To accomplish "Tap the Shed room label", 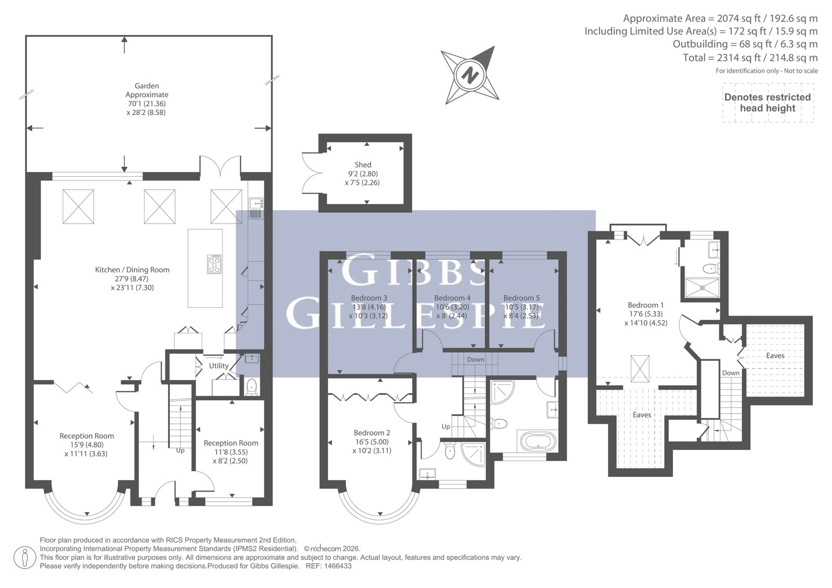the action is tap(363, 165).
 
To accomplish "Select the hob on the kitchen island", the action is tap(214, 264).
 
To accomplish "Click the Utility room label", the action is tap(218, 366).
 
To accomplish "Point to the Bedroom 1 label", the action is tap(645, 305).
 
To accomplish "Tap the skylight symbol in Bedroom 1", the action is tap(640, 369).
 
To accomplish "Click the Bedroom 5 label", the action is tap(522, 298).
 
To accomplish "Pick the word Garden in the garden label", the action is tap(147, 86).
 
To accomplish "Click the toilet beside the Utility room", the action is tap(252, 387).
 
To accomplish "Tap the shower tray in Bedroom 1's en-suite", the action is tap(701, 288).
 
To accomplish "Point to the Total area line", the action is tap(750, 58).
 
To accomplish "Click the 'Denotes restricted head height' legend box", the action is tap(768, 103).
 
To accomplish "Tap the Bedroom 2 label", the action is tap(372, 433).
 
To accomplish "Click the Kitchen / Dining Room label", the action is tap(132, 270).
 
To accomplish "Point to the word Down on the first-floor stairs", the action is tap(475, 360).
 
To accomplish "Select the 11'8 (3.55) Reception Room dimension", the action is tap(230, 452).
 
